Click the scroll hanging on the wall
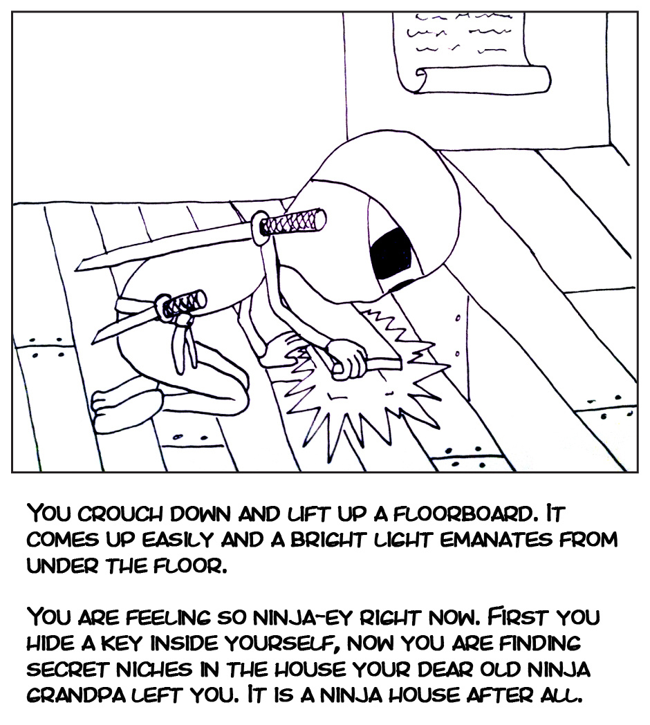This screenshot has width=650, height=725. [x=454, y=48]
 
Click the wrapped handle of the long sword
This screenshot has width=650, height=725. [x=296, y=223]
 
